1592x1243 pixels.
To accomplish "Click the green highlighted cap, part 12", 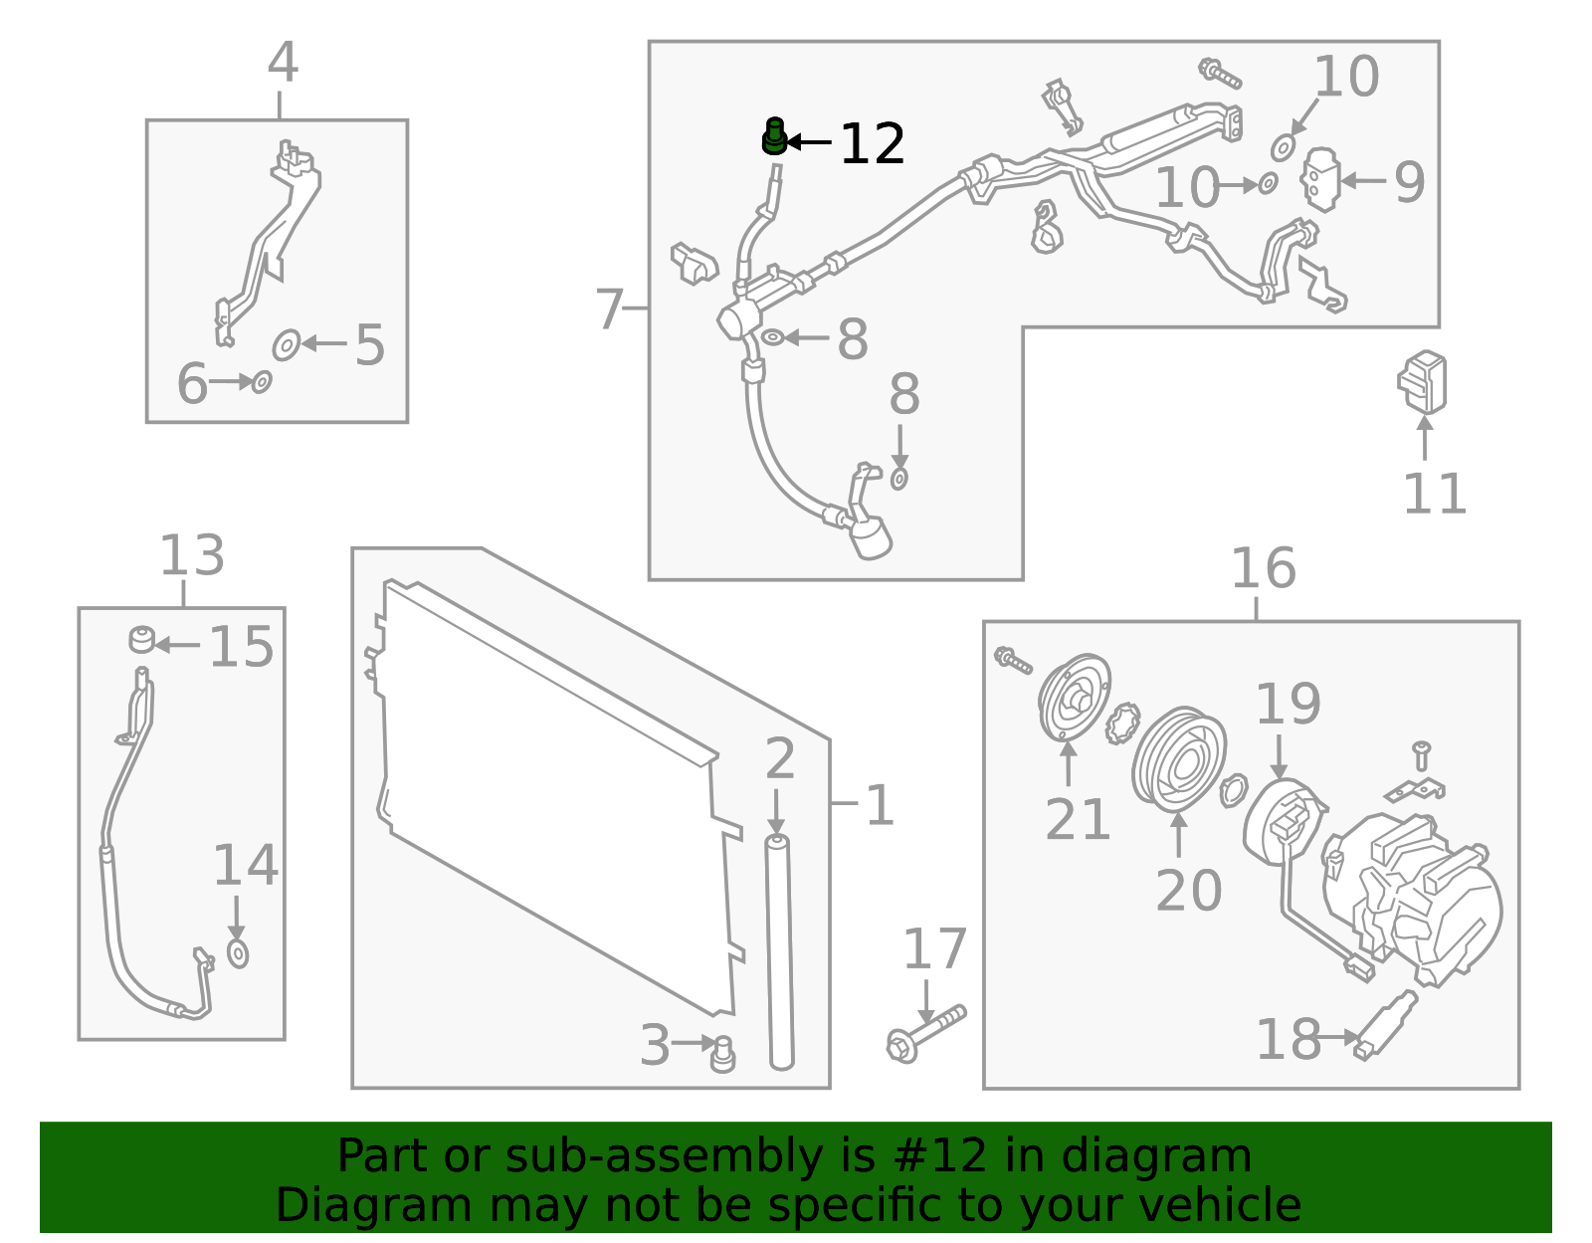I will pyautogui.click(x=774, y=136).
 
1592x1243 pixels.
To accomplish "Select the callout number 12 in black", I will pyautogui.click(x=872, y=144).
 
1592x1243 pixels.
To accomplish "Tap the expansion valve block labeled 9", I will pyautogui.click(x=1320, y=179).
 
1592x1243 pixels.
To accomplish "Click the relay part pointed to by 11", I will pyautogui.click(x=1423, y=382).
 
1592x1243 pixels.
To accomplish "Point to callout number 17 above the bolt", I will pyautogui.click(x=934, y=949).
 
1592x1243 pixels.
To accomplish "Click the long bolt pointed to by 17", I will pyautogui.click(x=925, y=1033).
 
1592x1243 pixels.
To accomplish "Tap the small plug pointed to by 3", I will pyautogui.click(x=723, y=1054).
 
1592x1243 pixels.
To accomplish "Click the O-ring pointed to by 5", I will pyautogui.click(x=287, y=344).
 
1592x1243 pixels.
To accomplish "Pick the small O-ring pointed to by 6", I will pyautogui.click(x=262, y=381).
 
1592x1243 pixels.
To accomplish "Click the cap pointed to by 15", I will pyautogui.click(x=142, y=639).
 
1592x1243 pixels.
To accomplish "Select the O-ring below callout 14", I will pyautogui.click(x=238, y=953).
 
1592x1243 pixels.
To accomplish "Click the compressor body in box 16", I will pyautogui.click(x=1413, y=896).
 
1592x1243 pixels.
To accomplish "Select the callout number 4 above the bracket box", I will pyautogui.click(x=283, y=63).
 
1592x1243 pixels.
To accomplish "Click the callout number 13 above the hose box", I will pyautogui.click(x=192, y=555).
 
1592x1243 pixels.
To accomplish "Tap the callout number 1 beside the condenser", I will pyautogui.click(x=880, y=805).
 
